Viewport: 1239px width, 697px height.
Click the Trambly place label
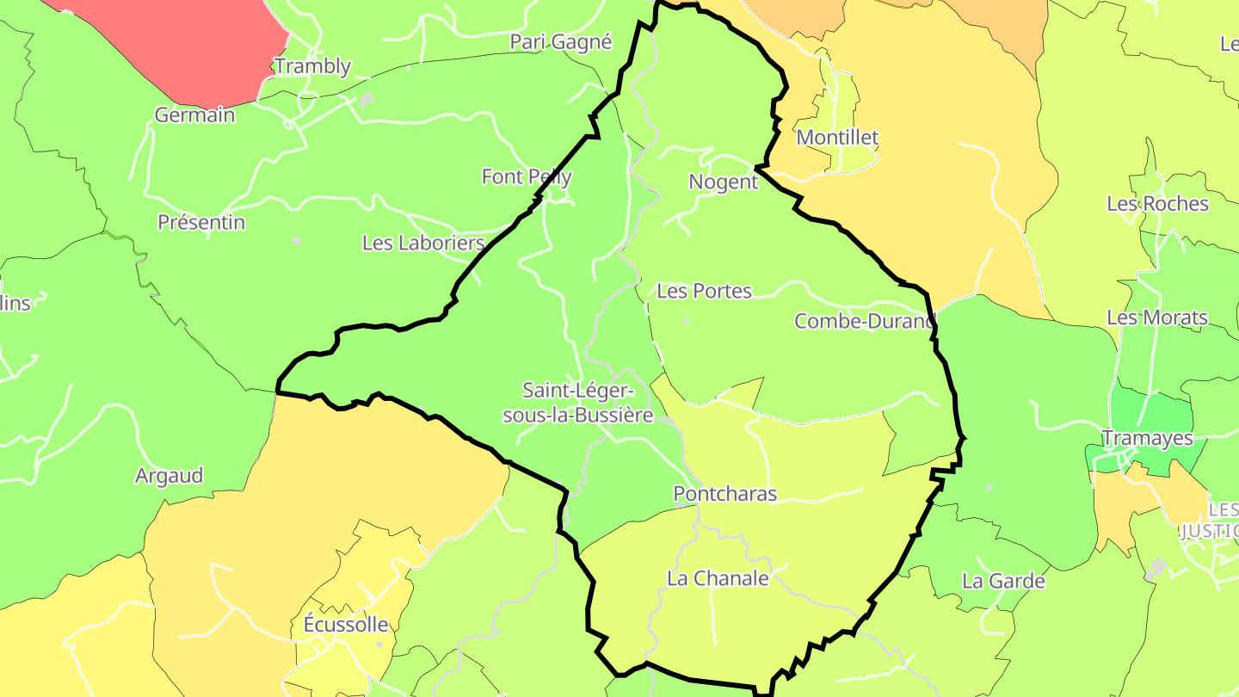tap(312, 66)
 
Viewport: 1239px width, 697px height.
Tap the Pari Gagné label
tap(560, 41)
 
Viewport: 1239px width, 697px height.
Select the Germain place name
tap(194, 114)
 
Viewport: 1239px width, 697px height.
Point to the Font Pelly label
tap(527, 176)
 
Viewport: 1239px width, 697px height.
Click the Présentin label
tap(201, 222)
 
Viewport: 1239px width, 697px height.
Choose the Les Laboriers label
tap(423, 243)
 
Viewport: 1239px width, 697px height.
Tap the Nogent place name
tap(723, 182)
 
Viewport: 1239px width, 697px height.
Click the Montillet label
tap(837, 137)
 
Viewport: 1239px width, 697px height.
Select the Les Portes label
tap(704, 291)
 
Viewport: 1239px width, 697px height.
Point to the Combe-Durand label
tap(865, 321)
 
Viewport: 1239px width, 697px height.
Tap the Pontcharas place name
tap(724, 493)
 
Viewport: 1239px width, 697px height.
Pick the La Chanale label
tap(718, 578)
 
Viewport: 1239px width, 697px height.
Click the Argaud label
tap(169, 475)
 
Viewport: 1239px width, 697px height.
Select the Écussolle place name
tap(346, 625)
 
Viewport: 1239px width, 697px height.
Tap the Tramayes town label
tap(1147, 438)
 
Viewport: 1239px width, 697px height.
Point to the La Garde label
tap(1003, 581)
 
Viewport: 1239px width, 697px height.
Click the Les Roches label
tap(1157, 204)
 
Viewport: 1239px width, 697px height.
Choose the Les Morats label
tap(1156, 318)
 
